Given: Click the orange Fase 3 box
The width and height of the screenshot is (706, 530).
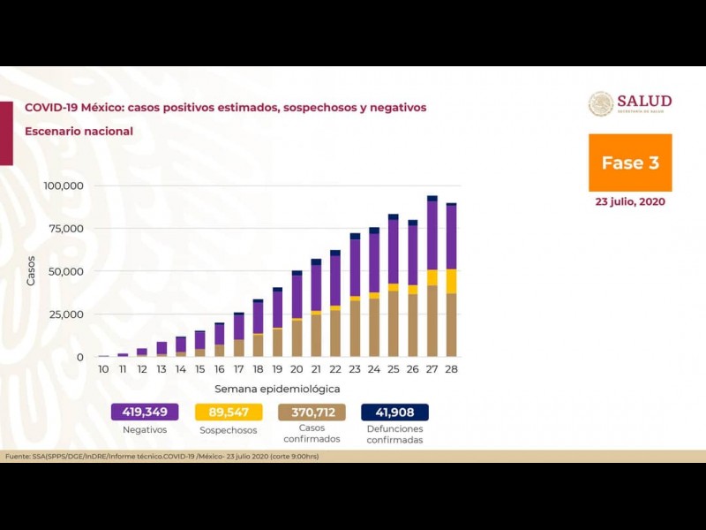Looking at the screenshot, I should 630,163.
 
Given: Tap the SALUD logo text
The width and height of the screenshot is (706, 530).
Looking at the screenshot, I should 644,101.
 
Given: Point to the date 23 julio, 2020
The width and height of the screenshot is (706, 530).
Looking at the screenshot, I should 630,201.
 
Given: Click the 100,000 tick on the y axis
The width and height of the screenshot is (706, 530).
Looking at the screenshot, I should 63,186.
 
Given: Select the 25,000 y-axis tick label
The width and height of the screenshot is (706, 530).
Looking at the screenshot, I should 65,314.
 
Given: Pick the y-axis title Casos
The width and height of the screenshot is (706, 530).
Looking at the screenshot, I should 32,270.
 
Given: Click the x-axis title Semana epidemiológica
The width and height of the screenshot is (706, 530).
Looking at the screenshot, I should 276,389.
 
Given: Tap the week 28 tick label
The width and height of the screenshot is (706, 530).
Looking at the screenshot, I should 451,368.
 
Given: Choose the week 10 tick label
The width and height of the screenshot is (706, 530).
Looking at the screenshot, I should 103,368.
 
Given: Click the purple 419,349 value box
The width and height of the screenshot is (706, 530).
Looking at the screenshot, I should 145,412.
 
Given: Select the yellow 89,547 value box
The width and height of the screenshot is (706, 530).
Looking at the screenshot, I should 228,412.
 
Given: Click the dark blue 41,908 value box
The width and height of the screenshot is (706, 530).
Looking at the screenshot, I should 394,412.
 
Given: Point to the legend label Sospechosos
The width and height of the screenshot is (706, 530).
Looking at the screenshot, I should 228,430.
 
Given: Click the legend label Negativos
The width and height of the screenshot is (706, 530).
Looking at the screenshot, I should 145,430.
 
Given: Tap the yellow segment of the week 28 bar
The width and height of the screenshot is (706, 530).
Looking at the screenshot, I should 451,281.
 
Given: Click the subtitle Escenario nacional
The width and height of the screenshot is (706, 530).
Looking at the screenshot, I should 79,132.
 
